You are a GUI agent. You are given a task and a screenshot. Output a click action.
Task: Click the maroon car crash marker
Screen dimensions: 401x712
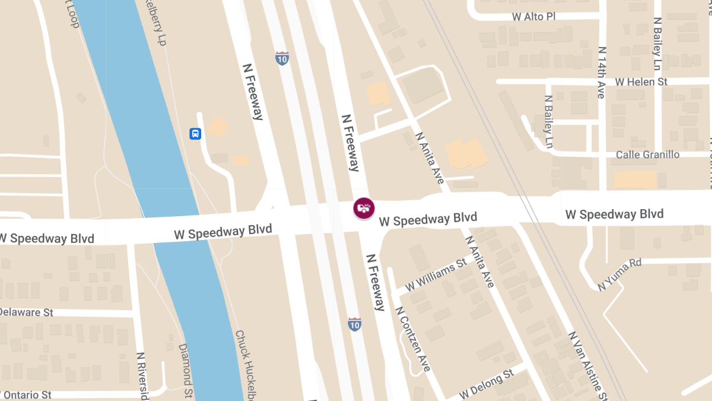click(364, 208)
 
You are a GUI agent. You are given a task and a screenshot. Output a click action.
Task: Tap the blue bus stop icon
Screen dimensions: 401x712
click(195, 133)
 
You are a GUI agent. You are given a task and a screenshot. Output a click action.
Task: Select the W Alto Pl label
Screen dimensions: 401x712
click(533, 17)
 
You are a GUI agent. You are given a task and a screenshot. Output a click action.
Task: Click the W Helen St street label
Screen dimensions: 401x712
click(641, 81)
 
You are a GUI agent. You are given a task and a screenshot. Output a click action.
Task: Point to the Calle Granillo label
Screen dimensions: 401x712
click(647, 154)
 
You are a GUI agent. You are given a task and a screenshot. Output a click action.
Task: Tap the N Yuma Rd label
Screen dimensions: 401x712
click(620, 274)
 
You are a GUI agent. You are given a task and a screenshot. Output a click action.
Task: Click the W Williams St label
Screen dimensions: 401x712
click(436, 274)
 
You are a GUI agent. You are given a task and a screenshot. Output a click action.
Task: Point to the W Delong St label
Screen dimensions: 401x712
click(485, 385)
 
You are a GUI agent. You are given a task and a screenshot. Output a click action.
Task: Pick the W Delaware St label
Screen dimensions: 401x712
click(27, 312)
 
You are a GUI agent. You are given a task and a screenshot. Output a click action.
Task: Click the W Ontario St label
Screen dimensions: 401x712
click(26, 395)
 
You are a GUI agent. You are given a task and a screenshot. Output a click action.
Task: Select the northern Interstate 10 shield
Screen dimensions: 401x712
click(282, 58)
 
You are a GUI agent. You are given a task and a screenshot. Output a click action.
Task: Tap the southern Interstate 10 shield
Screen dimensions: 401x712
click(354, 324)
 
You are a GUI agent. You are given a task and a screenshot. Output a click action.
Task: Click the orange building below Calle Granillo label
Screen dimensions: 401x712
click(635, 179)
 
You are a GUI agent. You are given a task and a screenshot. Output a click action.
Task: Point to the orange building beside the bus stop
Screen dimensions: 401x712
click(218, 126)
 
